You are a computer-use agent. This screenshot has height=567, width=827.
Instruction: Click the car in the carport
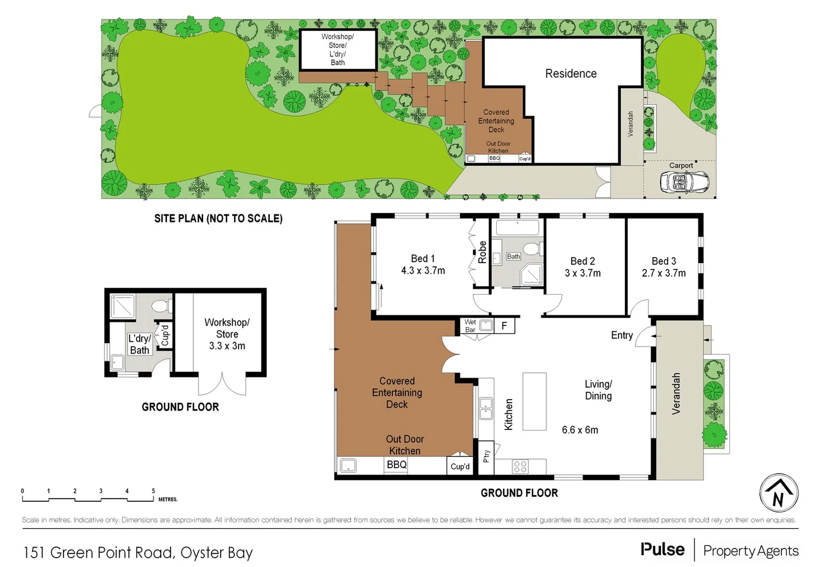[x=684, y=183]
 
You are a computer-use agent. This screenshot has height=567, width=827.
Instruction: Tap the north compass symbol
[x=779, y=493]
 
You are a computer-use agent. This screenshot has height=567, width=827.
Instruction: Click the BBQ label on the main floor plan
[x=396, y=465]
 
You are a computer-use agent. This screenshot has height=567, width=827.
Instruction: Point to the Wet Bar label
[x=470, y=326]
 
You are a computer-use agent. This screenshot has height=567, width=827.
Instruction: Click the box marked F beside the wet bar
[x=504, y=326]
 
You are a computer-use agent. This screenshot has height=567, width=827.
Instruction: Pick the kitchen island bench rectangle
[x=535, y=402]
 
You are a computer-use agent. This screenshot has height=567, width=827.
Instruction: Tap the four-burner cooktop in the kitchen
[x=520, y=467]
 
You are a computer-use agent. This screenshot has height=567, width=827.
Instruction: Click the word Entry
[x=622, y=335]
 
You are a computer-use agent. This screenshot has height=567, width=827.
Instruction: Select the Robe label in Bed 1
[x=482, y=252]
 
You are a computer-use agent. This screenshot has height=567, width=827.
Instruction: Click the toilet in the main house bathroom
[x=532, y=248]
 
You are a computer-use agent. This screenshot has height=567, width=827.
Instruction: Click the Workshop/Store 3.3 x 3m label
[x=227, y=334]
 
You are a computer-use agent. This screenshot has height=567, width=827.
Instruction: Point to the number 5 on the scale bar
[x=153, y=491]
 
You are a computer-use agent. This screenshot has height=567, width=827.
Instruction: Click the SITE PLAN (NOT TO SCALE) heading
[x=218, y=218]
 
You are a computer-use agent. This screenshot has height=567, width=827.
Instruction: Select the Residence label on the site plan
[x=571, y=73]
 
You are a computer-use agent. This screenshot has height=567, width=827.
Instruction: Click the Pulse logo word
[x=663, y=549]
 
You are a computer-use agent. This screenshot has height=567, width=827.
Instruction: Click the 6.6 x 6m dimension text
[x=580, y=429]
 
